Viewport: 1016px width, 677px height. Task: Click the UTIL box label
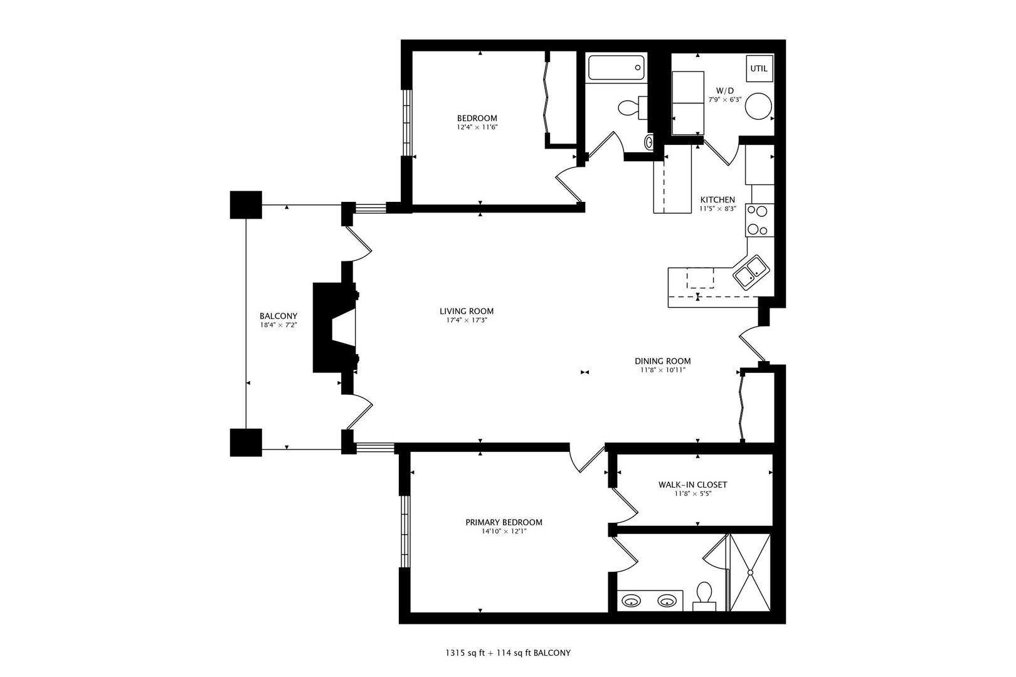(x=758, y=68)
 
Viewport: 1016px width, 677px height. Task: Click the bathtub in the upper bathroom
(x=616, y=68)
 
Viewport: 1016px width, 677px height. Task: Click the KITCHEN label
(x=717, y=200)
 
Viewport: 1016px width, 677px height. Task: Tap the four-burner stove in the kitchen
(x=758, y=221)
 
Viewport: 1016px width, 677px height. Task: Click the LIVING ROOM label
(x=466, y=311)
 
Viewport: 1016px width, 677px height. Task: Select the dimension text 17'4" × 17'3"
(x=466, y=320)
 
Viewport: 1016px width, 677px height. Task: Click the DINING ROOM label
(x=662, y=361)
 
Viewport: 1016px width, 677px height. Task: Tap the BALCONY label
(x=278, y=316)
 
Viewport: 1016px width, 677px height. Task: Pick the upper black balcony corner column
(x=245, y=204)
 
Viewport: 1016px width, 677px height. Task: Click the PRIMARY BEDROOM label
(x=504, y=522)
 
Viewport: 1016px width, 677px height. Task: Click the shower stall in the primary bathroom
(x=751, y=572)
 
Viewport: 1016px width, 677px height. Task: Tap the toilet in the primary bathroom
(x=704, y=594)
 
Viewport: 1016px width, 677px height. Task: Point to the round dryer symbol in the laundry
(x=758, y=106)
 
